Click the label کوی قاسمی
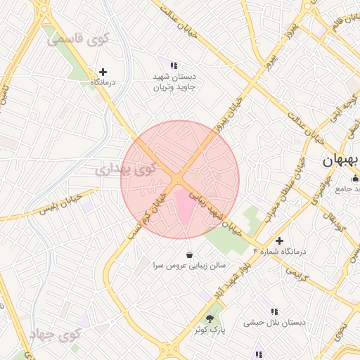(78, 39)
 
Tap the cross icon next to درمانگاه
(103, 72)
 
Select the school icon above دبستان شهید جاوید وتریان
(174, 65)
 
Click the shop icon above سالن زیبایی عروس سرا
(189, 254)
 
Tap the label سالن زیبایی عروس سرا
(189, 266)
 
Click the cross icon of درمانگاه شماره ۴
(280, 241)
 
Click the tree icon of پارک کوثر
(208, 319)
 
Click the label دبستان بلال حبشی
(275, 323)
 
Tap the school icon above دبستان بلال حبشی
(274, 311)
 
